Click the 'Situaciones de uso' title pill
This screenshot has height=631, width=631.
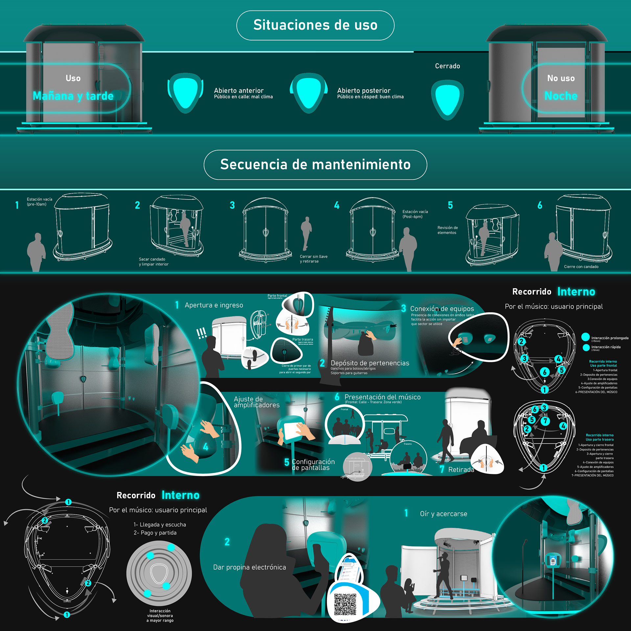pos(315,25)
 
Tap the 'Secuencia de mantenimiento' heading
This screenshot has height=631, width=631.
pos(315,165)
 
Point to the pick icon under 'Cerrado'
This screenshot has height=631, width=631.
pos(447,100)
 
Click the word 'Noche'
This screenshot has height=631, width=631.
pos(561,96)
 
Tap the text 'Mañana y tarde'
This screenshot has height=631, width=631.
pos(73,96)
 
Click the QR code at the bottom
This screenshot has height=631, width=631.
pos(345,604)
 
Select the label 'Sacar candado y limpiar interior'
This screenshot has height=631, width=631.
pos(153,262)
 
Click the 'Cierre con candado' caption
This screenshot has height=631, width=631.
pos(581,267)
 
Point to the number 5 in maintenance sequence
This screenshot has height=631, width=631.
pos(450,205)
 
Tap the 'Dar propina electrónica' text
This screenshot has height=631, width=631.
pos(249,567)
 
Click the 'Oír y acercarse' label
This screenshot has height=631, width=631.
pos(443,514)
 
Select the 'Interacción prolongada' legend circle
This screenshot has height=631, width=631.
pos(585,337)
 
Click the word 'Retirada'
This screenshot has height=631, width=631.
pos(461,470)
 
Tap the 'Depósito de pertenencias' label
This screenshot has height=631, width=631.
pos(370,363)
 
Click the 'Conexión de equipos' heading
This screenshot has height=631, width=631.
pos(442,309)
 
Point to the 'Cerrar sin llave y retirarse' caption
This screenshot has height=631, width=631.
pos(314,259)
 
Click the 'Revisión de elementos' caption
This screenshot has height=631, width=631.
pos(447,230)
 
